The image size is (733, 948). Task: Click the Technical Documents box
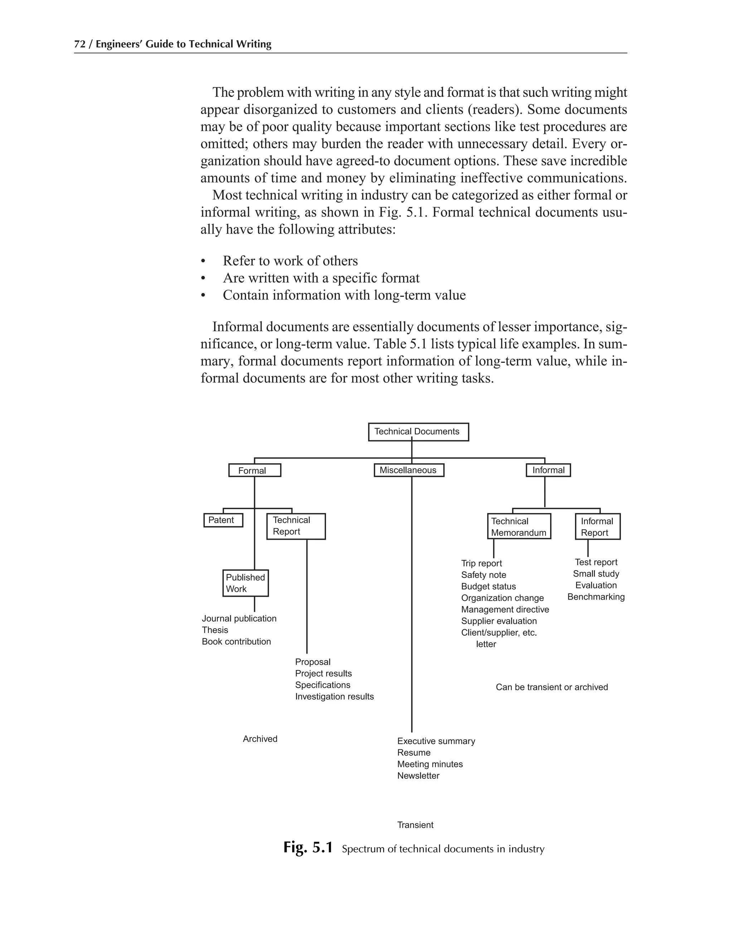click(418, 432)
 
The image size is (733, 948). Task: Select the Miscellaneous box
click(409, 470)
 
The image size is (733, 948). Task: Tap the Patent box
click(223, 520)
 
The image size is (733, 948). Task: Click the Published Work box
click(245, 583)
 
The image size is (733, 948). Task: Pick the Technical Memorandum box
click(519, 527)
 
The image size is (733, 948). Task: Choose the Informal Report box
click(597, 527)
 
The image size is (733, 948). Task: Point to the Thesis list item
click(215, 630)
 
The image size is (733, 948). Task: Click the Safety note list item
click(483, 575)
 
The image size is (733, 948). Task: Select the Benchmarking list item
click(596, 597)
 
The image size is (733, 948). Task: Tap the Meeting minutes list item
click(430, 764)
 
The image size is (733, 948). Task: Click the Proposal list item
click(313, 662)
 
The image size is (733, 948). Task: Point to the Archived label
click(260, 739)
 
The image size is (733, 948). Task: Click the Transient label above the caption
click(415, 825)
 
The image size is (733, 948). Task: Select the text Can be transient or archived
click(552, 687)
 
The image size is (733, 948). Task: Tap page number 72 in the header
click(79, 44)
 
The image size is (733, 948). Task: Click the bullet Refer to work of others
click(290, 261)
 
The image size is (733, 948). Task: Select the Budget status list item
click(489, 586)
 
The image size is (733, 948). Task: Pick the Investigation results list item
click(334, 696)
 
